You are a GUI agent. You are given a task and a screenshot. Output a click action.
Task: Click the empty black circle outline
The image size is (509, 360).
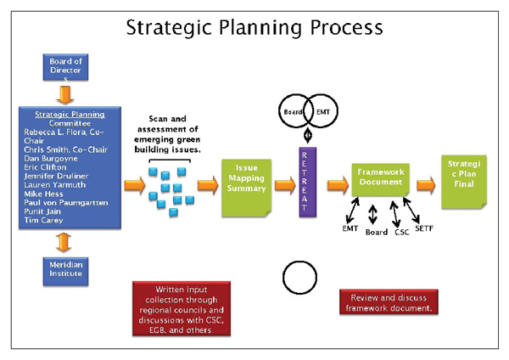(x=299, y=278)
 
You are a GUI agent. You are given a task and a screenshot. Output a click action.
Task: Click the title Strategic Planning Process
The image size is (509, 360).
(x=254, y=27)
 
